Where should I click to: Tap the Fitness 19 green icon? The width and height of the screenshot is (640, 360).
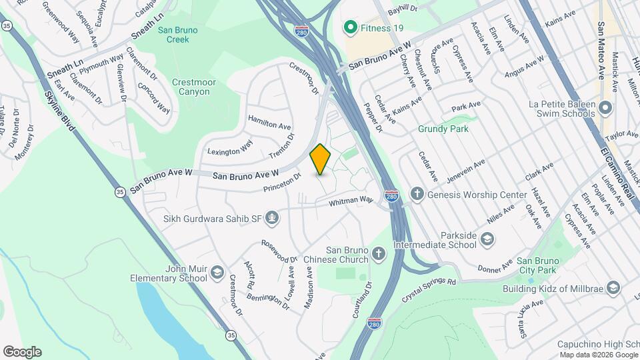click(349, 27)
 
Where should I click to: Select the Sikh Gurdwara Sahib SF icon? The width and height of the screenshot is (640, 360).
click(272, 217)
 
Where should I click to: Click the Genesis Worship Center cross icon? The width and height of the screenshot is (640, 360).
click(417, 195)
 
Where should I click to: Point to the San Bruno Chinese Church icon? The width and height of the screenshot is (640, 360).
click(379, 253)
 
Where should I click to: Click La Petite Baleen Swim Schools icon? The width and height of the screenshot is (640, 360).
click(605, 107)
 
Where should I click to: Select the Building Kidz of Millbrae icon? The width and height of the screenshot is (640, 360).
click(613, 287)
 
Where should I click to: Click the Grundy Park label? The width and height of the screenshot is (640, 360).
click(443, 129)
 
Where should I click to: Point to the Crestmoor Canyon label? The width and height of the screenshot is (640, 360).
click(194, 87)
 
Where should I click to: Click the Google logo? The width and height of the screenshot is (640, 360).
click(22, 352)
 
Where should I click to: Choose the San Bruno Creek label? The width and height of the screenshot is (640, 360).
click(173, 34)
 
